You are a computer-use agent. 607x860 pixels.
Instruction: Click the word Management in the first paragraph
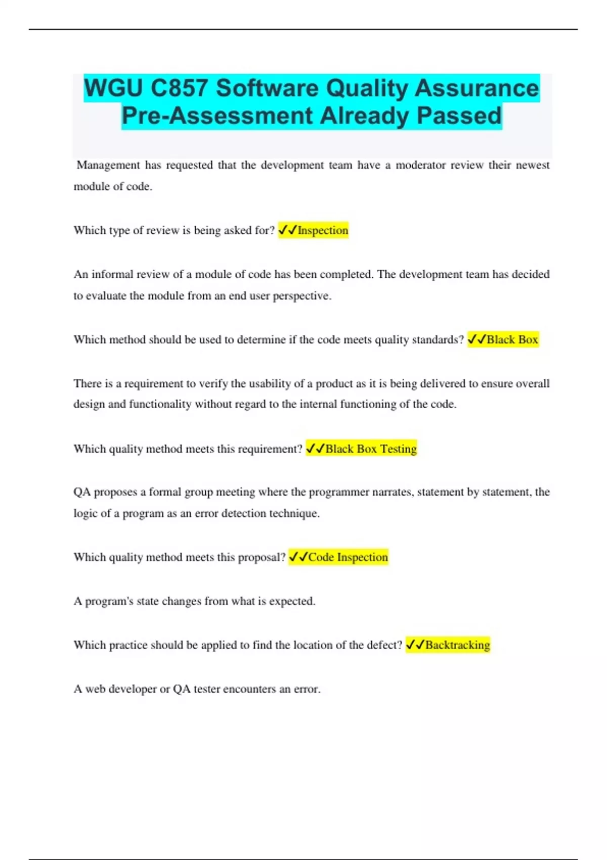pos(108,165)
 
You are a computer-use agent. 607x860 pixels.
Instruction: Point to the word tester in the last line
pos(206,689)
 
